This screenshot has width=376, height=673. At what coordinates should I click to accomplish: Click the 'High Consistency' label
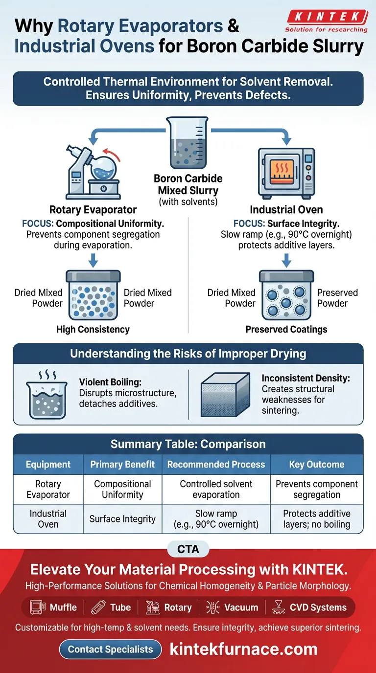tap(93, 329)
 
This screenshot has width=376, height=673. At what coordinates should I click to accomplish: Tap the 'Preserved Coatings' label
tap(286, 329)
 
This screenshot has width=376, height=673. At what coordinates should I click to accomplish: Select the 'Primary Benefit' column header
tap(122, 465)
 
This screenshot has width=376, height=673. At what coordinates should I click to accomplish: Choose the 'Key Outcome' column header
tap(317, 465)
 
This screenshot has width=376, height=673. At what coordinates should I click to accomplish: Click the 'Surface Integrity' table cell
tap(122, 519)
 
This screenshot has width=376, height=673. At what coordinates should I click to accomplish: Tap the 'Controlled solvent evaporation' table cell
tap(216, 489)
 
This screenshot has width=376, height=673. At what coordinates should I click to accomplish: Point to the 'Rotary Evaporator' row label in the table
tap(48, 489)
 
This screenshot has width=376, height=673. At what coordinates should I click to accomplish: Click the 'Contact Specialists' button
tap(110, 650)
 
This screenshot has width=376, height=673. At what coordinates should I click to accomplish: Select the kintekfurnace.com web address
tap(243, 650)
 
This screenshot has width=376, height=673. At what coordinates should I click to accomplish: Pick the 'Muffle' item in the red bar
tap(55, 607)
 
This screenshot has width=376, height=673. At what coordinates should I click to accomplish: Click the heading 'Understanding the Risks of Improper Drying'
tap(188, 354)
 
